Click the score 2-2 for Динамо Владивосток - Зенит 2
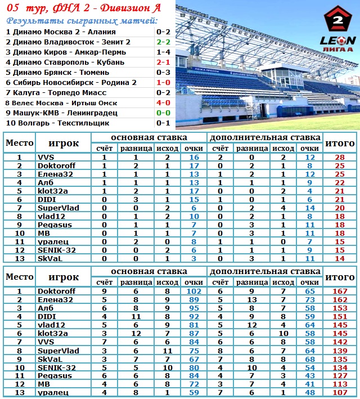[x=163, y=42]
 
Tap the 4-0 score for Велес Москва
[x=163, y=103]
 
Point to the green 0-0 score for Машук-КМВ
[x=163, y=113]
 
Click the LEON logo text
[x=337, y=41]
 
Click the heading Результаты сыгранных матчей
[x=82, y=21]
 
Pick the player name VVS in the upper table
[x=46, y=158]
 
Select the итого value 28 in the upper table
[x=340, y=158]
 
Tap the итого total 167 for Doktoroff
[x=340, y=292]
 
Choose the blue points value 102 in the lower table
[x=194, y=292]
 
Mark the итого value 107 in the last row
[x=340, y=392]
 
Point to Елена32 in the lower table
[x=56, y=300]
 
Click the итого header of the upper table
[x=340, y=143]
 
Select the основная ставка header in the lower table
[x=148, y=272]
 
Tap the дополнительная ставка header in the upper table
[x=265, y=137]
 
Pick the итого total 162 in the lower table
[x=340, y=300]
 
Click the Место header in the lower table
[x=19, y=277]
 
